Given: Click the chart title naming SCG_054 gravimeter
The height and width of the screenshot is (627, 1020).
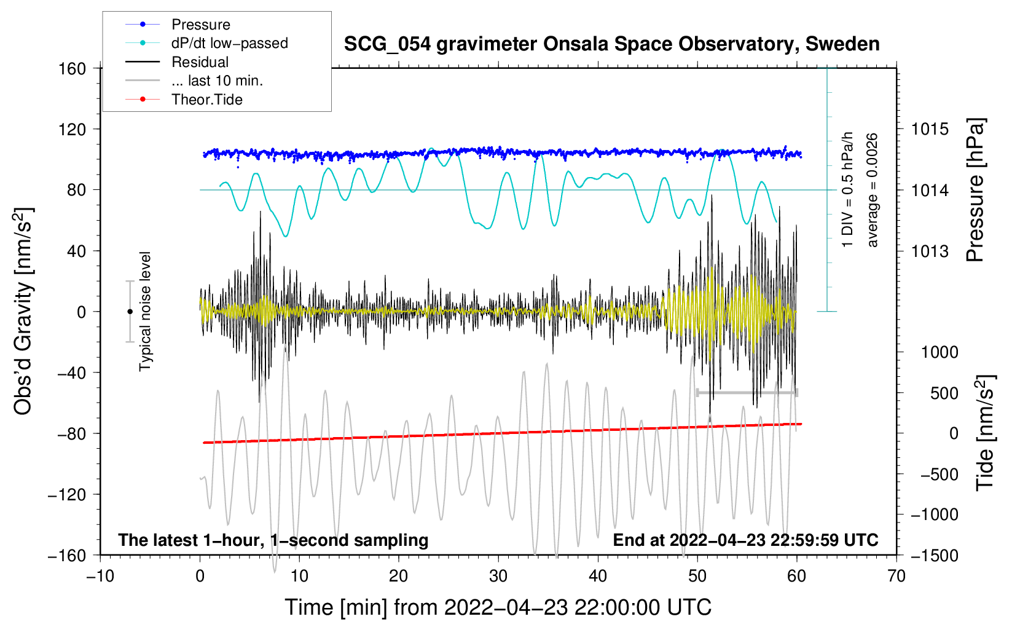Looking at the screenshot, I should coord(611,44).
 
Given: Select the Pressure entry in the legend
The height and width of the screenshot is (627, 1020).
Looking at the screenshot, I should coord(200,25).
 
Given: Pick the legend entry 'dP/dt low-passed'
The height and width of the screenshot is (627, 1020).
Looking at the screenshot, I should coord(229,44).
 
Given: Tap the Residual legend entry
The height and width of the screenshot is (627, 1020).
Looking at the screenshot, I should coord(200,62).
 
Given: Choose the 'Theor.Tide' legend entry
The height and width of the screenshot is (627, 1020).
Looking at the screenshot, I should coord(206,100).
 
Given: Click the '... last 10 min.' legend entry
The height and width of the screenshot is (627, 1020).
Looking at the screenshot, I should coord(217,81).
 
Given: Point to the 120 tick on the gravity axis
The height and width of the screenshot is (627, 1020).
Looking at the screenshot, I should coord(73,129).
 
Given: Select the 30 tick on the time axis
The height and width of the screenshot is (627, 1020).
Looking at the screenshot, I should coord(498,576).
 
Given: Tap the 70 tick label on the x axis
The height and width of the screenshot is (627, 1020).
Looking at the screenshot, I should coord(896,576).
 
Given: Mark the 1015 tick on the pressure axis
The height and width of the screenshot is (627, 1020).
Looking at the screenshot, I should coord(930,129).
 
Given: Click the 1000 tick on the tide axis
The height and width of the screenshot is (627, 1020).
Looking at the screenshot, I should coord(939,352).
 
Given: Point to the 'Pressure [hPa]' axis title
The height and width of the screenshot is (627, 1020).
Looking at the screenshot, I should coord(975,190).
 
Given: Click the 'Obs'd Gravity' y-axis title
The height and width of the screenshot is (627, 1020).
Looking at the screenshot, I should coord(23,312).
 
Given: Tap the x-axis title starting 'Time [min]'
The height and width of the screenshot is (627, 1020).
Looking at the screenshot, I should coord(498,607).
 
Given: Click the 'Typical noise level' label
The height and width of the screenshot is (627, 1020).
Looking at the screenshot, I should coord(145,311).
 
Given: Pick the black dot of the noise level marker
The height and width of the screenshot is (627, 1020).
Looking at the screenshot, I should coord(130,312).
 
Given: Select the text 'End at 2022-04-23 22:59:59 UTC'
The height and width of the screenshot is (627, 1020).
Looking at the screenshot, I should coord(745,540).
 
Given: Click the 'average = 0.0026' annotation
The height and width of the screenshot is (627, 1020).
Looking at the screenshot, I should coord(872,190).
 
